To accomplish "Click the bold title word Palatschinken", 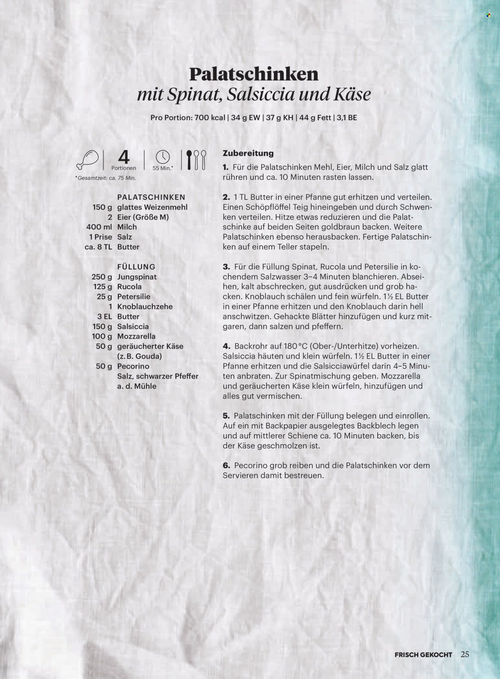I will coord(254,74).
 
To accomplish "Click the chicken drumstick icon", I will coord(88,159).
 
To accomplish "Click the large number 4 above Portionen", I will coord(124,157).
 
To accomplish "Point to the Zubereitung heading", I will coord(248,153).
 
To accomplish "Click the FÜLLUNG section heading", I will coord(136,267).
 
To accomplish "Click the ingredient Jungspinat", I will coord(137,277).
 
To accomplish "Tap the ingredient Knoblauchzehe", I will coord(145,307).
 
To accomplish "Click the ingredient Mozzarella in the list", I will coord(136,337).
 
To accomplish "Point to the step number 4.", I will coord(226,346).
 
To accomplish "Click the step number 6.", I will coord(226,466).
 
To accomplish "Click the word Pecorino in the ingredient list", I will coord(133,366).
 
